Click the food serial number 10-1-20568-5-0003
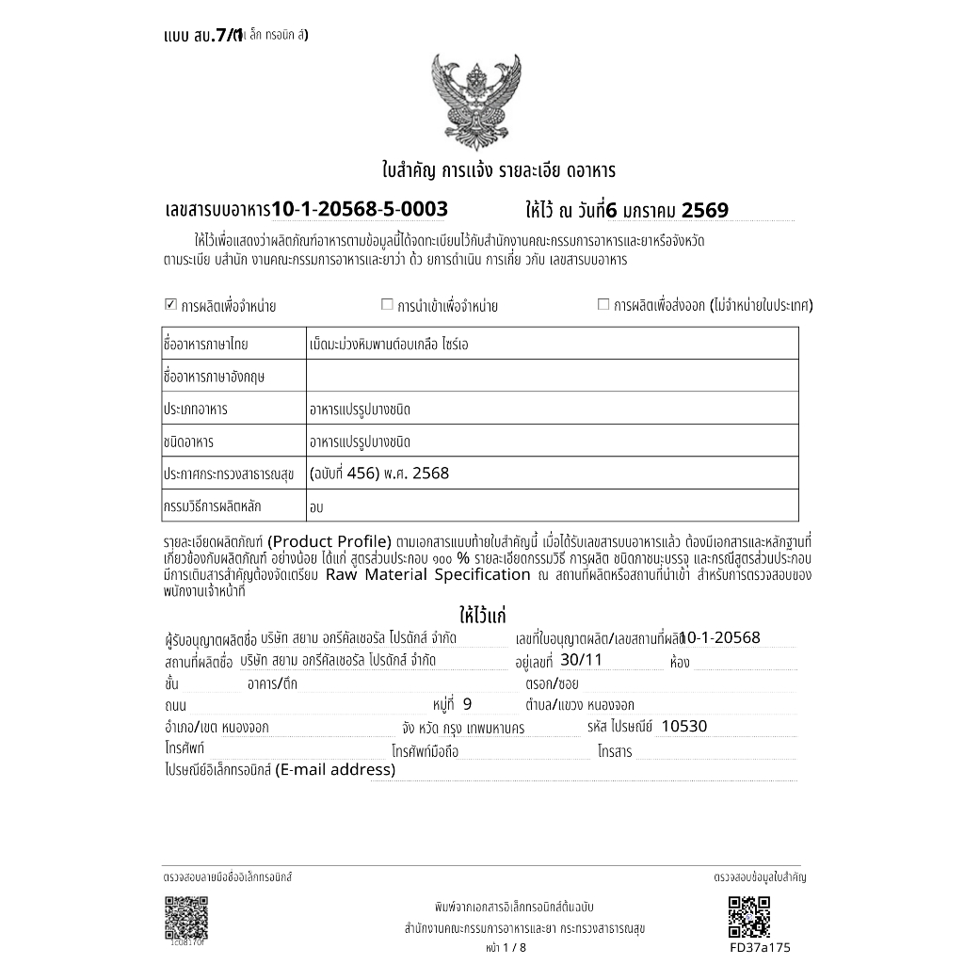(360, 209)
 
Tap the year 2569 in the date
(704, 210)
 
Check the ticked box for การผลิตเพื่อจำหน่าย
(170, 304)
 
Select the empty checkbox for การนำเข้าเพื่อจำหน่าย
(386, 304)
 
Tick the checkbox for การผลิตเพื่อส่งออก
(603, 304)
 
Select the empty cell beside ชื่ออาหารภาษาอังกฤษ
(552, 377)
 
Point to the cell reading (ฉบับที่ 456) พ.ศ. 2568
(379, 474)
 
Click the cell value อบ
(316, 506)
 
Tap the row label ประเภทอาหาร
(196, 410)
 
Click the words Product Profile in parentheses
(329, 541)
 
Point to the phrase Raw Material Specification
(428, 574)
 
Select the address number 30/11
(580, 660)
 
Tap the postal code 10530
(683, 726)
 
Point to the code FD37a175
(760, 947)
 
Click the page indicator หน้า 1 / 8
(506, 947)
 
